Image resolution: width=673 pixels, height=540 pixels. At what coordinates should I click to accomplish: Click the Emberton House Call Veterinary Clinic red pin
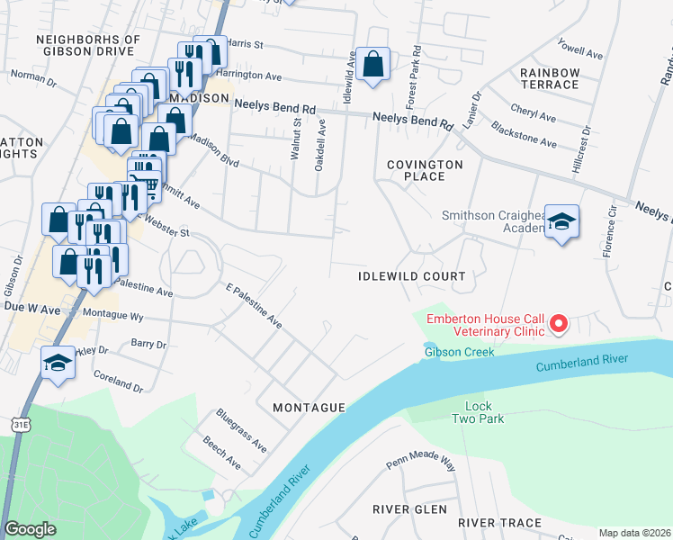pyautogui.click(x=558, y=323)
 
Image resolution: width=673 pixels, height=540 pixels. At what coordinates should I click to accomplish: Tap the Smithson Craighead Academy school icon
pyautogui.click(x=561, y=222)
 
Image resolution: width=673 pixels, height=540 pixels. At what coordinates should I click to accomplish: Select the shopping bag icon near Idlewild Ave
pyautogui.click(x=372, y=65)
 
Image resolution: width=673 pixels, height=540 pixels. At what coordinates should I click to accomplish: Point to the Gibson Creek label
pyautogui.click(x=460, y=352)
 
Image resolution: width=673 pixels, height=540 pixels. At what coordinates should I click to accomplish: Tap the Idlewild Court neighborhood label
pyautogui.click(x=412, y=276)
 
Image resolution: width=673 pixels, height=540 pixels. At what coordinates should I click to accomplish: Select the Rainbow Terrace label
pyautogui.click(x=549, y=78)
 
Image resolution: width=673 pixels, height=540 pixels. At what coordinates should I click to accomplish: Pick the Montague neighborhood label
pyautogui.click(x=309, y=408)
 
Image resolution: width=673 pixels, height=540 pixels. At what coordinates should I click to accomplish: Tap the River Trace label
pyautogui.click(x=499, y=522)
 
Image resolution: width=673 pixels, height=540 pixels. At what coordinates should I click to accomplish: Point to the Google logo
pyautogui.click(x=30, y=529)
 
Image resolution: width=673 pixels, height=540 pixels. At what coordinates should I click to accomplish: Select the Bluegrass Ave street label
pyautogui.click(x=241, y=430)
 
